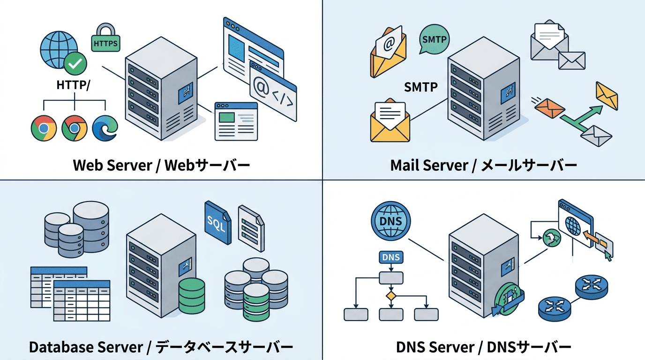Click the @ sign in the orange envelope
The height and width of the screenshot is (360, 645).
pos(389,45)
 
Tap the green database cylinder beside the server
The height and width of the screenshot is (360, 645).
pos(192,295)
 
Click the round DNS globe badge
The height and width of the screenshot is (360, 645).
pos(390,221)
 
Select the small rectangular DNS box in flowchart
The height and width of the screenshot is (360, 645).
pos(390,257)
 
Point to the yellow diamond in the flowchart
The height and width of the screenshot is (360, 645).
pos(390,296)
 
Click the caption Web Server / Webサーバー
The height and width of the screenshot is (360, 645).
pos(161,165)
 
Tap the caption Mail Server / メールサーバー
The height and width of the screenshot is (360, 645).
pos(483,165)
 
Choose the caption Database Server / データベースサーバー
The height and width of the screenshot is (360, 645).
pos(161,347)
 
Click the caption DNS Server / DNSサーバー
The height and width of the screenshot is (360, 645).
pos(483,347)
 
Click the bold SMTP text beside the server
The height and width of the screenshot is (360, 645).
pos(420,87)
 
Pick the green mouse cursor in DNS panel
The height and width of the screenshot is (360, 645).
pos(608,255)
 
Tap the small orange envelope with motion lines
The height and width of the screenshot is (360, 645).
pos(550,107)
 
